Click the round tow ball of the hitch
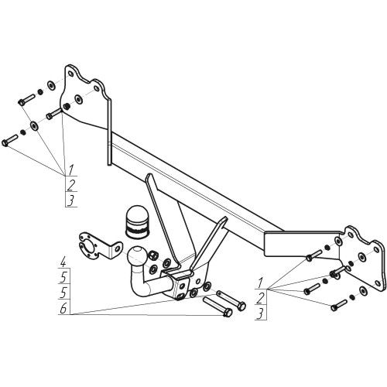coord(137,256)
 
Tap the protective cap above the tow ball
coord(138,222)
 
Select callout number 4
coord(63,263)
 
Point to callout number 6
coord(63,309)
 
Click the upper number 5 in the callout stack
coord(63,278)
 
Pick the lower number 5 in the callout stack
coord(63,293)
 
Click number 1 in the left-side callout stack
coord(71,170)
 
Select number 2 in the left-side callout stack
coord(71,185)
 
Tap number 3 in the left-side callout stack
coord(71,200)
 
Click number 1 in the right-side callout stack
coord(261,283)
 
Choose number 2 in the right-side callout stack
coord(261,299)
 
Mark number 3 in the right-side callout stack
coord(261,313)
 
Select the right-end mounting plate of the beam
coord(361,261)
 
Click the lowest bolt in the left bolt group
coord(9,140)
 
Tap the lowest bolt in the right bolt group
coord(339,305)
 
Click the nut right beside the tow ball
coord(152,255)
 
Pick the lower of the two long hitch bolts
coord(217,307)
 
